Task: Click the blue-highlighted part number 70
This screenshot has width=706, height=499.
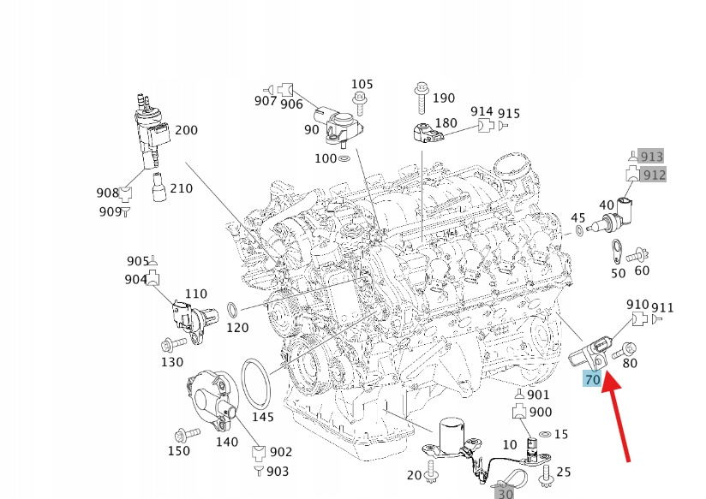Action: coord(592,379)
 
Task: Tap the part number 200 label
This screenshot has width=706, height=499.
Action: coord(186,131)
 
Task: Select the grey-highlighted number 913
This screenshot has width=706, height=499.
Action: coord(652,156)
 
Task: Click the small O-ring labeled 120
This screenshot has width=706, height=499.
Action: coord(232,308)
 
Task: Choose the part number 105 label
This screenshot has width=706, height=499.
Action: coord(362,84)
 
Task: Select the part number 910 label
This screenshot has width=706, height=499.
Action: coord(637,305)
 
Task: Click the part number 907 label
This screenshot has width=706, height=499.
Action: coord(266,101)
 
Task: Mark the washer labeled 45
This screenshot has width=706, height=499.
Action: coord(581,231)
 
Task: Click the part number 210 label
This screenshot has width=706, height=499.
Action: coord(182,188)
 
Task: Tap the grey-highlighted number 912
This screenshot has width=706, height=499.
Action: coord(654,175)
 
